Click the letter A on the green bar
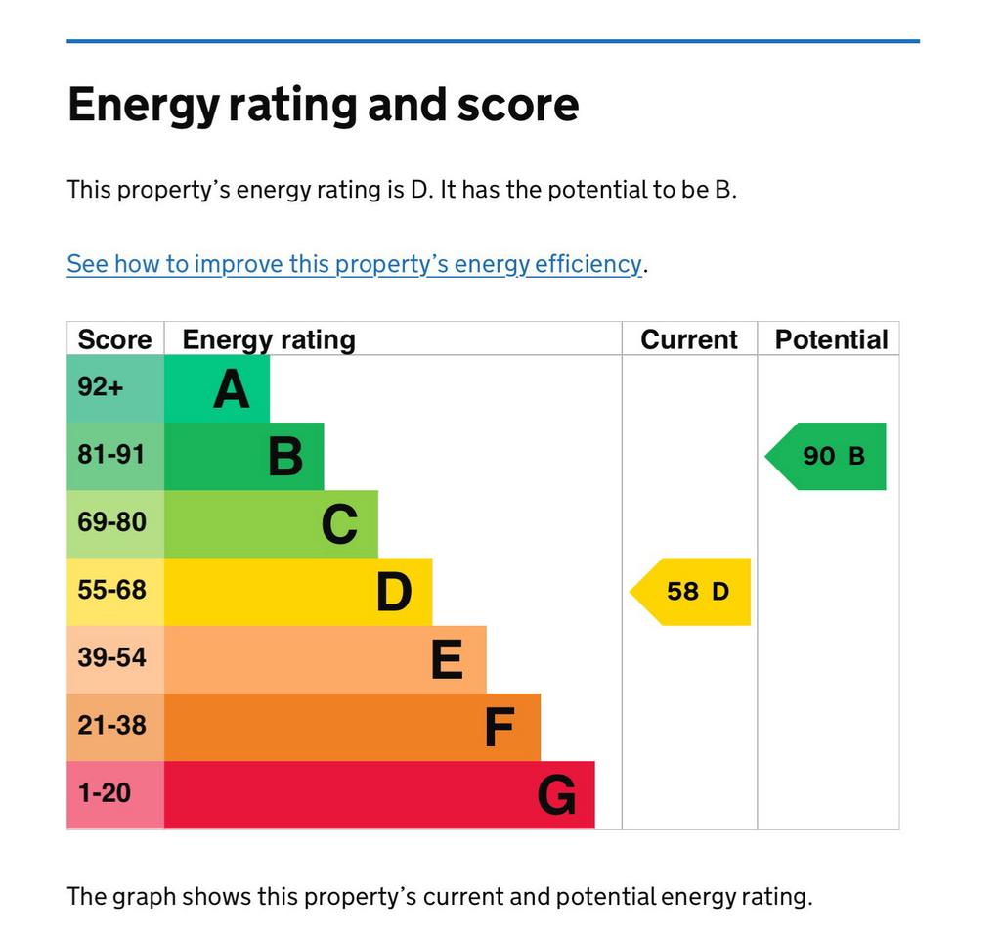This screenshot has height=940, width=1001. coord(232,389)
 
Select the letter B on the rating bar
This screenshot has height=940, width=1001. coord(285,457)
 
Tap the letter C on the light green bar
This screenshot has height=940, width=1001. coord(339,524)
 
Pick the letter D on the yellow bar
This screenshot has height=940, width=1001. coord(394,592)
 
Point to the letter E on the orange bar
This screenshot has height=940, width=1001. coord(447,659)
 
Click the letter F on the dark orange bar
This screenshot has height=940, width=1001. coord(500,728)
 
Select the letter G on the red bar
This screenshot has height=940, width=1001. coord(556,795)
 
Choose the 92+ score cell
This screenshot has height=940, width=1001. coord(101,387)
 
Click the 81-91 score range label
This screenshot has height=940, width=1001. coord(111,455)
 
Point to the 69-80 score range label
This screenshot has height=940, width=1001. coord(111,522)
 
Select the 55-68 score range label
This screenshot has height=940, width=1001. coord(111,590)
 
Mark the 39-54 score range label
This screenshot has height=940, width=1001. coord(111,657)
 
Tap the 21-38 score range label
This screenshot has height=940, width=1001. coord(111,725)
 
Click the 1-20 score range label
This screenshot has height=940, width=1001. coord(104,792)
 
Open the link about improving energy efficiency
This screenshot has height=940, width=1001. coord(354,264)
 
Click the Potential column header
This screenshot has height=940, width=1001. coord(831,339)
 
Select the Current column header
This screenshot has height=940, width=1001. coord(688,339)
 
